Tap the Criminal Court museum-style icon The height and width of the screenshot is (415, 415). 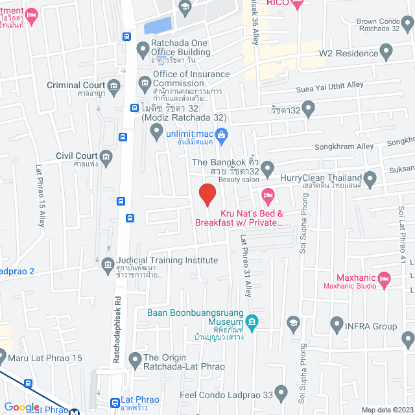pos(114,86)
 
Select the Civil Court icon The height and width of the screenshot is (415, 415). pos(106,156)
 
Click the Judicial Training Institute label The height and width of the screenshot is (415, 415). pos(167,260)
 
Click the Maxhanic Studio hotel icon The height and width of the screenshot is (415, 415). pos(384,279)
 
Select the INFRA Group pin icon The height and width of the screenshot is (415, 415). pos(336,322)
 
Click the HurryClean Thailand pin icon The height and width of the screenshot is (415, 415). pos(370,178)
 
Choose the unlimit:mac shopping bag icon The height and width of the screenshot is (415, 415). pos(221,134)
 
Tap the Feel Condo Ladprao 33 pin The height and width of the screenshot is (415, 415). pos(281,392)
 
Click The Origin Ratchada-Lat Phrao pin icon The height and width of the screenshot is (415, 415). pos(135,359)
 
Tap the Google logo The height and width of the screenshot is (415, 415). pos(22,407)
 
